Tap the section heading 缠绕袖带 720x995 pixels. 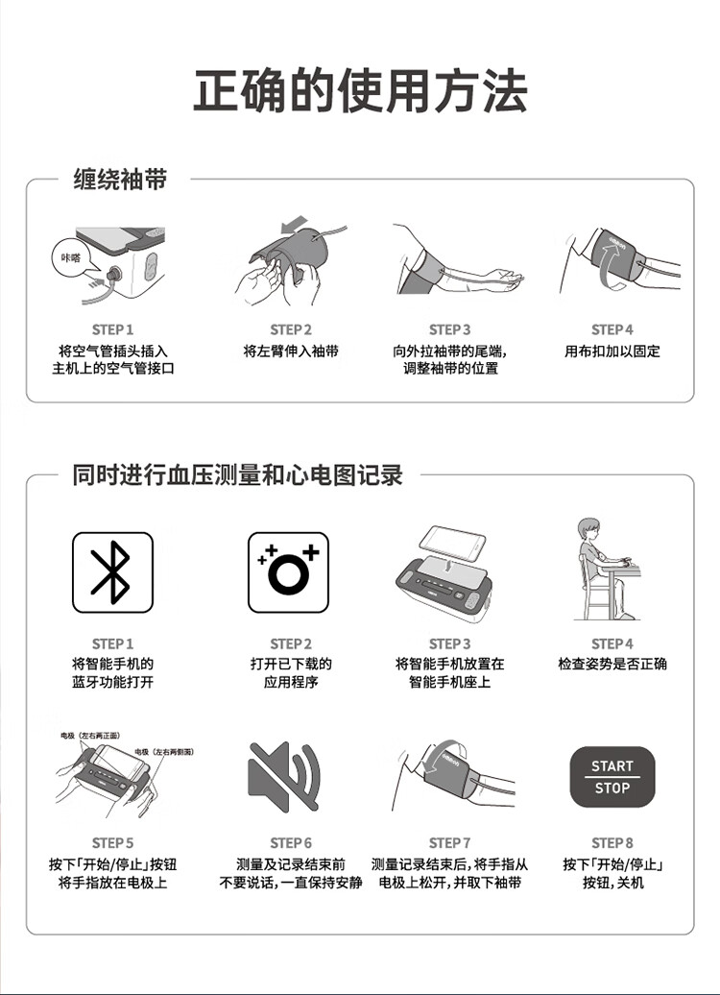121,180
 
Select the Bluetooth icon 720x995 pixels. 112,572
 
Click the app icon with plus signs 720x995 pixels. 288,572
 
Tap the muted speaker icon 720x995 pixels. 284,775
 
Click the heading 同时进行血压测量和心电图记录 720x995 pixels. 237,474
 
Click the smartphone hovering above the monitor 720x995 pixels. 453,542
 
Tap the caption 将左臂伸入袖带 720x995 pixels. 291,351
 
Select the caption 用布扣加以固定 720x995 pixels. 612,351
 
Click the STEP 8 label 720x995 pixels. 612,842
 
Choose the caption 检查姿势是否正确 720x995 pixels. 612,664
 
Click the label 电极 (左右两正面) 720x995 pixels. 89,736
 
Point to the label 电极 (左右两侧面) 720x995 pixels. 163,752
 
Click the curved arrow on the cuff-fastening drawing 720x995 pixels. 608,267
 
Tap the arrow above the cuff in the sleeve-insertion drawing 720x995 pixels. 293,225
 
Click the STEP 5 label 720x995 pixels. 112,842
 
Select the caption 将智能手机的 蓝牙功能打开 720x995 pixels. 112,672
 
